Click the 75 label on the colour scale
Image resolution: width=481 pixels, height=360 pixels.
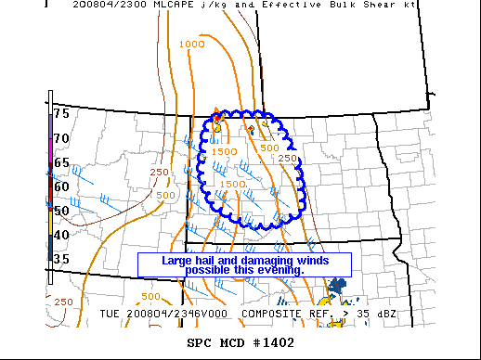61,113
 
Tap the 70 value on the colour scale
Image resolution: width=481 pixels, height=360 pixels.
61,137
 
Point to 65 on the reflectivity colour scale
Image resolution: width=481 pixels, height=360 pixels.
61,161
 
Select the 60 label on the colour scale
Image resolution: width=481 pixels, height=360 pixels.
61,186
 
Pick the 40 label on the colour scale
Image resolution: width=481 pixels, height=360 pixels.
61,234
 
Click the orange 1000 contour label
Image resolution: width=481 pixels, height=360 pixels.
191,44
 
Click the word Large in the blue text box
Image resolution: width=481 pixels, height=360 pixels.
178,260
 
